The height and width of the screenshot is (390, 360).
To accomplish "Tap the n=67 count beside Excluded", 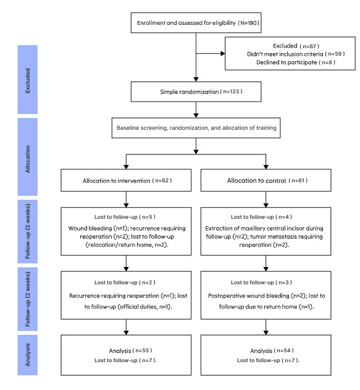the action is pyautogui.click(x=309, y=46).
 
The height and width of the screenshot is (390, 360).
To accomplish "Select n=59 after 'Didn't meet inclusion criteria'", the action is pyautogui.click(x=335, y=54).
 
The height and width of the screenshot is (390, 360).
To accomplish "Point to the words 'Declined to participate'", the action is pyautogui.click(x=287, y=62).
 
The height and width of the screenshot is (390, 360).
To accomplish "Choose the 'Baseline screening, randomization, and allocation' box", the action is pyautogui.click(x=196, y=128).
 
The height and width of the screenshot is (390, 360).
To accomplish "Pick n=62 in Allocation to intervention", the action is pyautogui.click(x=162, y=180).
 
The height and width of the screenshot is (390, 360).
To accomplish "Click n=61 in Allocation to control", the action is pyautogui.click(x=298, y=180).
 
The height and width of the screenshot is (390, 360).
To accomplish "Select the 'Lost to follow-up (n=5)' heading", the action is pyautogui.click(x=125, y=217).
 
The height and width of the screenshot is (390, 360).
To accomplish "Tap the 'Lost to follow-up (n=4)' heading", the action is pyautogui.click(x=261, y=217).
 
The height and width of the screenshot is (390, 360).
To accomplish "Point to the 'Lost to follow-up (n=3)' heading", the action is pyautogui.click(x=261, y=282).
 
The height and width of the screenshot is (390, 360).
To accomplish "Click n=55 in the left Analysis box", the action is pyautogui.click(x=143, y=350).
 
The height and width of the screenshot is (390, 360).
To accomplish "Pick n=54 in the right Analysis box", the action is pyautogui.click(x=283, y=350).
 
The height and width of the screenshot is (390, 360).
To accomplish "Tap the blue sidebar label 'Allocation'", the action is pyautogui.click(x=28, y=159).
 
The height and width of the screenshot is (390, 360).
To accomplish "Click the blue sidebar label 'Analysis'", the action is pyautogui.click(x=28, y=355).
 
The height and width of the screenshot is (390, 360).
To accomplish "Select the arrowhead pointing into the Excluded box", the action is pyautogui.click(x=223, y=54).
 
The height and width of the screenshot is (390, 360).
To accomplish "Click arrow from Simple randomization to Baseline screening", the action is pyautogui.click(x=196, y=109).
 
